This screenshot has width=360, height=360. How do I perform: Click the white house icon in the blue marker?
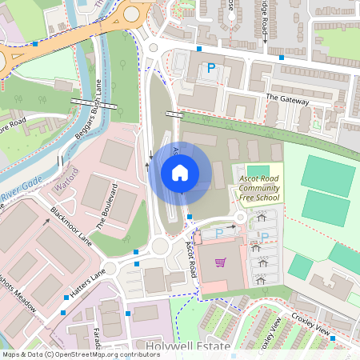point(180,172)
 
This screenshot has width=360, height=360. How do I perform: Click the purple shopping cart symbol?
point(220,262)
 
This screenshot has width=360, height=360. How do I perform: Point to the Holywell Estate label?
point(194,346)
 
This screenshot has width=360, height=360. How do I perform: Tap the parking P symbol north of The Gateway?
point(211,69)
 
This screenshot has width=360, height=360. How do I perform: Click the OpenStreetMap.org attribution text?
point(104,354)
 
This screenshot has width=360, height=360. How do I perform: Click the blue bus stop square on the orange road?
point(35,43)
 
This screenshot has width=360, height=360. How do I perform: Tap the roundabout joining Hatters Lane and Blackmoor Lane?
point(109,269)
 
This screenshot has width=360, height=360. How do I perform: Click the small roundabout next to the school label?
point(238,218)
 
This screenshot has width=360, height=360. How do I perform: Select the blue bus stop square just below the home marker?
point(189,216)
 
